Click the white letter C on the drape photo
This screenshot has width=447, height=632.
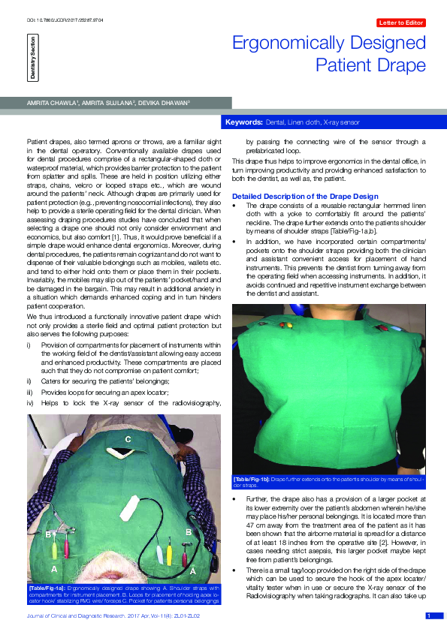point(128,438)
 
